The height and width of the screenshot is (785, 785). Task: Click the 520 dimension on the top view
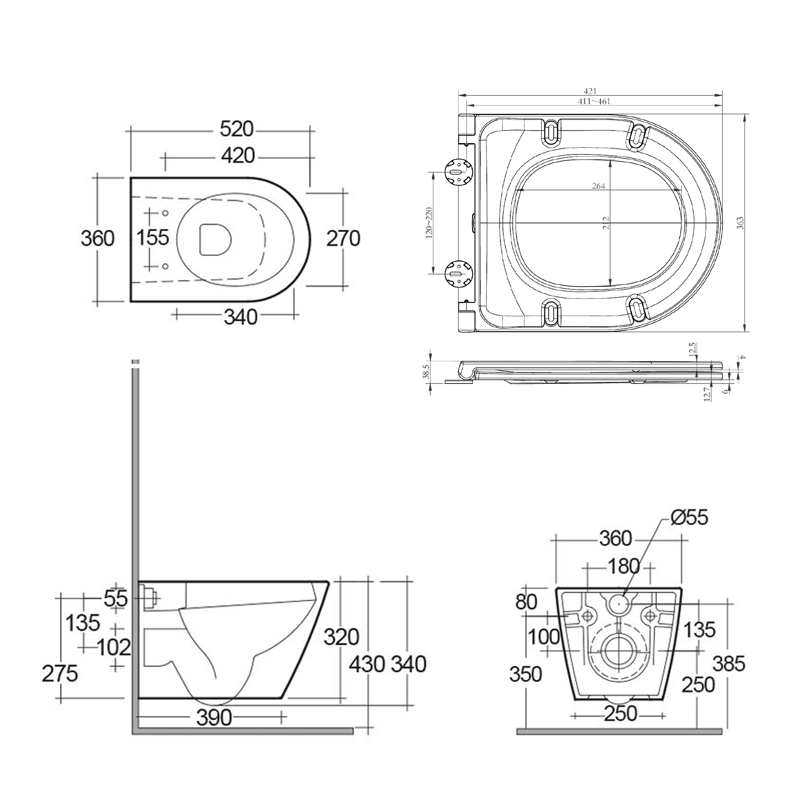(236, 130)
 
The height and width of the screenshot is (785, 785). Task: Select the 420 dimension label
(238, 155)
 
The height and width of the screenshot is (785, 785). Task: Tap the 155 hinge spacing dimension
(152, 238)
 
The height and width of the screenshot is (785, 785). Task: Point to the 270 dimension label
(343, 239)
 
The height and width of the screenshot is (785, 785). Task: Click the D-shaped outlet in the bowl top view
(215, 239)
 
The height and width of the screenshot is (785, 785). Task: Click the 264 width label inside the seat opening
(598, 186)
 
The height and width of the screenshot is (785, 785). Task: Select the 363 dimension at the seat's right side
(740, 223)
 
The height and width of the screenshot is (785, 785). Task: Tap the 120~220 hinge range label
(429, 223)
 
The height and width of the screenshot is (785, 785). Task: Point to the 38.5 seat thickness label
(426, 371)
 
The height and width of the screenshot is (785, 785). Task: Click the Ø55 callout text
(689, 518)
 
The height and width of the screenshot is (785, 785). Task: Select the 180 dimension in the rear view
(624, 566)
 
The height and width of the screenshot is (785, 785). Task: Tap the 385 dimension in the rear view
(729, 664)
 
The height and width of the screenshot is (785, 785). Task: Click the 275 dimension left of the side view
(60, 674)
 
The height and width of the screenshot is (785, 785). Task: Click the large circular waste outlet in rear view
(618, 651)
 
